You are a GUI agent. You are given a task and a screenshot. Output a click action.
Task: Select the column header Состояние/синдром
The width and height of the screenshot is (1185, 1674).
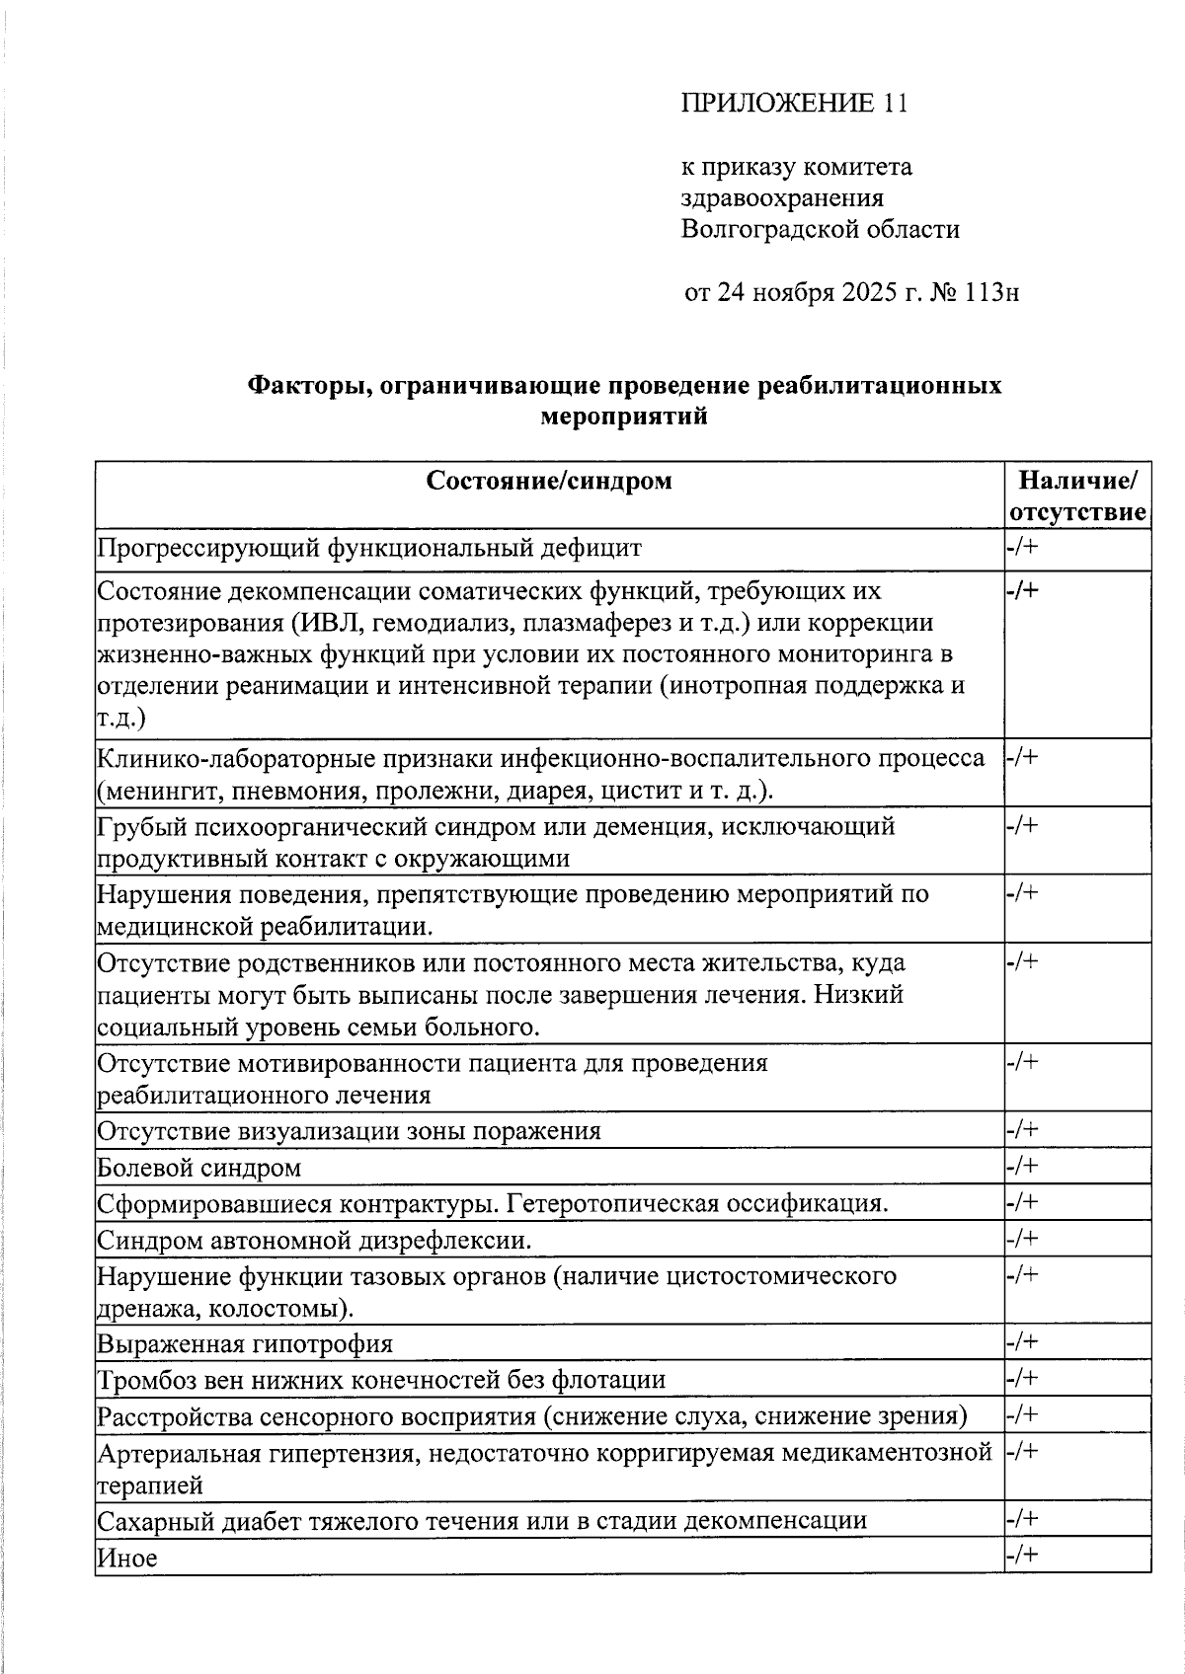click(549, 481)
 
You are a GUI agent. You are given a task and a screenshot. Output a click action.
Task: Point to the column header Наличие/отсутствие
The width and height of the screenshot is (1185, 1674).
click(1077, 496)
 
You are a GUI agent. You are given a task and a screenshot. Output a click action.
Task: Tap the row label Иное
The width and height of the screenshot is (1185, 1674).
click(127, 1559)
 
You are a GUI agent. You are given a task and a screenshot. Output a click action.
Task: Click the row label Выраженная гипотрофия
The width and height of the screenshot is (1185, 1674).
click(245, 1344)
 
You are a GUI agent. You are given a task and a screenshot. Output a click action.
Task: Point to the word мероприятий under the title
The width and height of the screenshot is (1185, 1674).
click(624, 417)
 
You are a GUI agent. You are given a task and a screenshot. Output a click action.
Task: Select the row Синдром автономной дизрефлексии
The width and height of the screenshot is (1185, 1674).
click(314, 1240)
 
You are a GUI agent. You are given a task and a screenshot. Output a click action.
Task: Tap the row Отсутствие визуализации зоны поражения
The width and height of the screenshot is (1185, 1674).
click(349, 1131)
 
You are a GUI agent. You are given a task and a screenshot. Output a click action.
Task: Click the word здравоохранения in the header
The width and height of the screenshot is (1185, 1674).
click(782, 198)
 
